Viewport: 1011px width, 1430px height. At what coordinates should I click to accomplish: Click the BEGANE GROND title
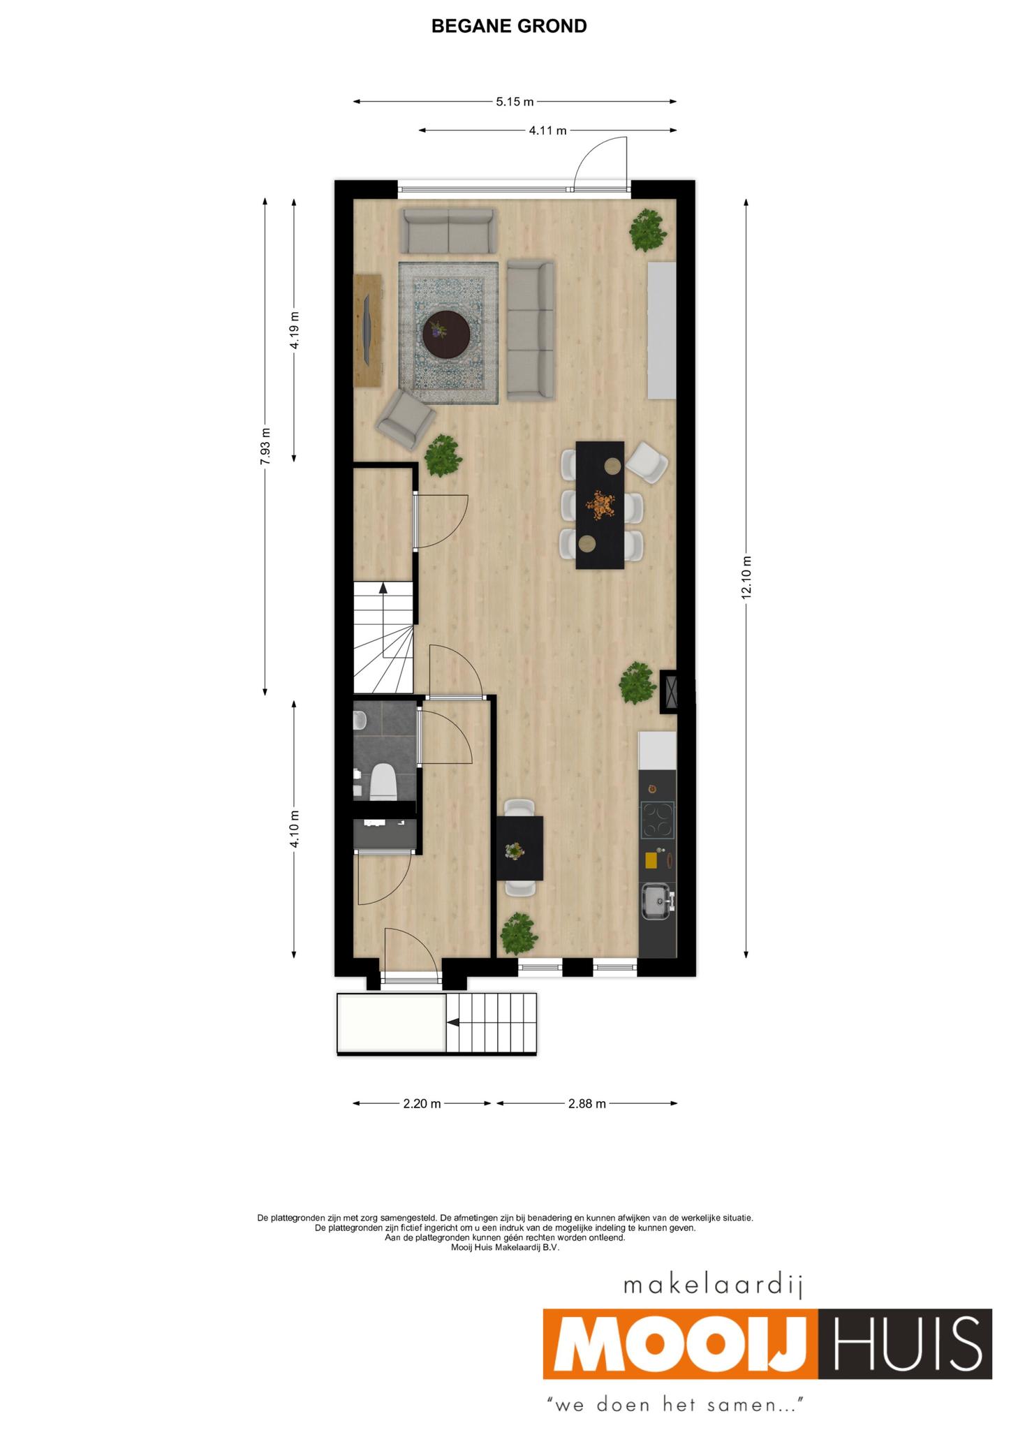click(509, 27)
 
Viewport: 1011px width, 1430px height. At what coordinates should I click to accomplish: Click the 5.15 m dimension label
click(515, 102)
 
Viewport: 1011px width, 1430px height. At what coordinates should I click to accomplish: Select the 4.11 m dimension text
click(547, 130)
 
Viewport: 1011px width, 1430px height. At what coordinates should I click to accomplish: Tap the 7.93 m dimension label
click(265, 445)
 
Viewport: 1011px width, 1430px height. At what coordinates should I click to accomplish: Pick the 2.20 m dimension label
click(422, 1103)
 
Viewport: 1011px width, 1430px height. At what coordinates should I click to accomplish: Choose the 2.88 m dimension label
click(586, 1103)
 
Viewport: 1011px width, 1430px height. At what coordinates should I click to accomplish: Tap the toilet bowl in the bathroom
click(383, 781)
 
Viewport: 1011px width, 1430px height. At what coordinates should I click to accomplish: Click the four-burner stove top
click(658, 819)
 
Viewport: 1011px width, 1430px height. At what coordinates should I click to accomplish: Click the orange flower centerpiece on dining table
click(600, 504)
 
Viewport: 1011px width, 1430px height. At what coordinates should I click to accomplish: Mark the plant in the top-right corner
click(649, 230)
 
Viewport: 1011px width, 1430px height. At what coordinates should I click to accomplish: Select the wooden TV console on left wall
click(368, 330)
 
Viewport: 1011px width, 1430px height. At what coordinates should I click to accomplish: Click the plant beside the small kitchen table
click(518, 934)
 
